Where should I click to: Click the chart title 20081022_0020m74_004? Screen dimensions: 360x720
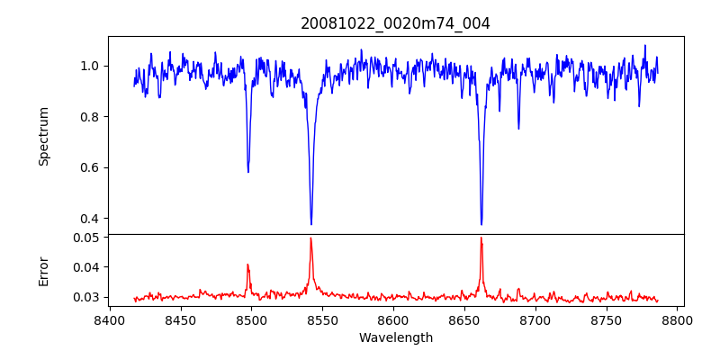(x=395, y=23)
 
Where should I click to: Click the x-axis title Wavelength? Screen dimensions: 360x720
(x=395, y=337)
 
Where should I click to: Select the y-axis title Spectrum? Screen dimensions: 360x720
(x=43, y=136)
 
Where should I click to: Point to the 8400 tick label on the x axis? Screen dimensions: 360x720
(x=110, y=319)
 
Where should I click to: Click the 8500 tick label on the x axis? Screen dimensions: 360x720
(x=251, y=319)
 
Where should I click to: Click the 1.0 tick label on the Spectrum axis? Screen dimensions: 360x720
(x=91, y=66)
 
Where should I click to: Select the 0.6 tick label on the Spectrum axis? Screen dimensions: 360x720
(x=91, y=167)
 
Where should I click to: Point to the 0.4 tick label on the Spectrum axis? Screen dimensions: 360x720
(x=91, y=219)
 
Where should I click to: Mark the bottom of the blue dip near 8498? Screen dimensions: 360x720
(x=248, y=172)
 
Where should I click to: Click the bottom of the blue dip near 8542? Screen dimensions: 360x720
(x=311, y=225)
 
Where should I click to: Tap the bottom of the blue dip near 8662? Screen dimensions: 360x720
(x=481, y=225)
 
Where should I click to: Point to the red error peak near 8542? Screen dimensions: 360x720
(x=310, y=238)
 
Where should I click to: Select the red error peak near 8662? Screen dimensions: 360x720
(x=481, y=238)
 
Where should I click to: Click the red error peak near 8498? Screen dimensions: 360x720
(x=247, y=265)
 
